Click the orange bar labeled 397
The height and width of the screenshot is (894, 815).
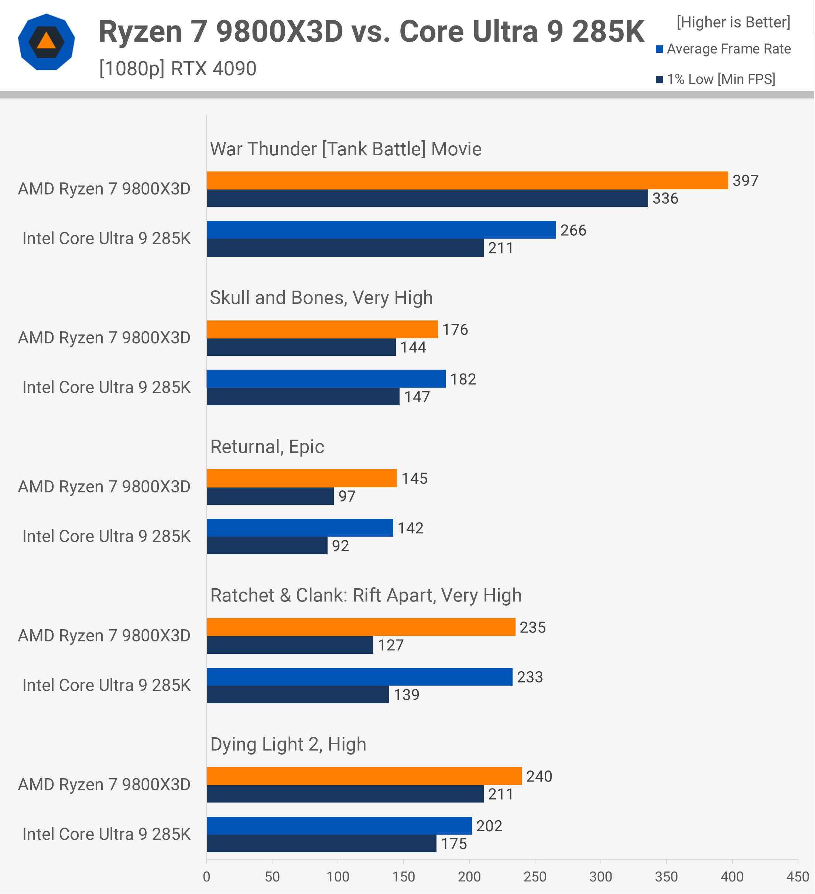(467, 180)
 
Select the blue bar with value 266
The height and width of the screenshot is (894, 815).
(381, 230)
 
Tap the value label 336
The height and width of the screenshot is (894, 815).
(665, 198)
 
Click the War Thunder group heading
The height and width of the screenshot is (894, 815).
(345, 149)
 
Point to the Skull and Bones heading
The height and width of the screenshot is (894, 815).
(321, 298)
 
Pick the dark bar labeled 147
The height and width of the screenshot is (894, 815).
(303, 396)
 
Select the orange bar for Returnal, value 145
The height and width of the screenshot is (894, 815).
(301, 478)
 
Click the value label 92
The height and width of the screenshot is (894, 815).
(340, 545)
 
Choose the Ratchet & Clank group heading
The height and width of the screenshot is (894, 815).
(366, 595)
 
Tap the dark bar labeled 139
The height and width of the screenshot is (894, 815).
(297, 694)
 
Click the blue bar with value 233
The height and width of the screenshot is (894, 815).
(359, 677)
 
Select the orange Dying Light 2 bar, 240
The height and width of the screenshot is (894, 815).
(364, 776)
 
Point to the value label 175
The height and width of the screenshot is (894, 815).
(454, 843)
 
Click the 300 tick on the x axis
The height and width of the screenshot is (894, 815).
(600, 877)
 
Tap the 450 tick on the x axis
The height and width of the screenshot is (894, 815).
(797, 877)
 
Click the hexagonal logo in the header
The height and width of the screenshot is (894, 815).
(46, 42)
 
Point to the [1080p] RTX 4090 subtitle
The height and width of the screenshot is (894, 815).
(178, 69)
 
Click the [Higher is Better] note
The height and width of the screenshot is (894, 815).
(733, 22)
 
